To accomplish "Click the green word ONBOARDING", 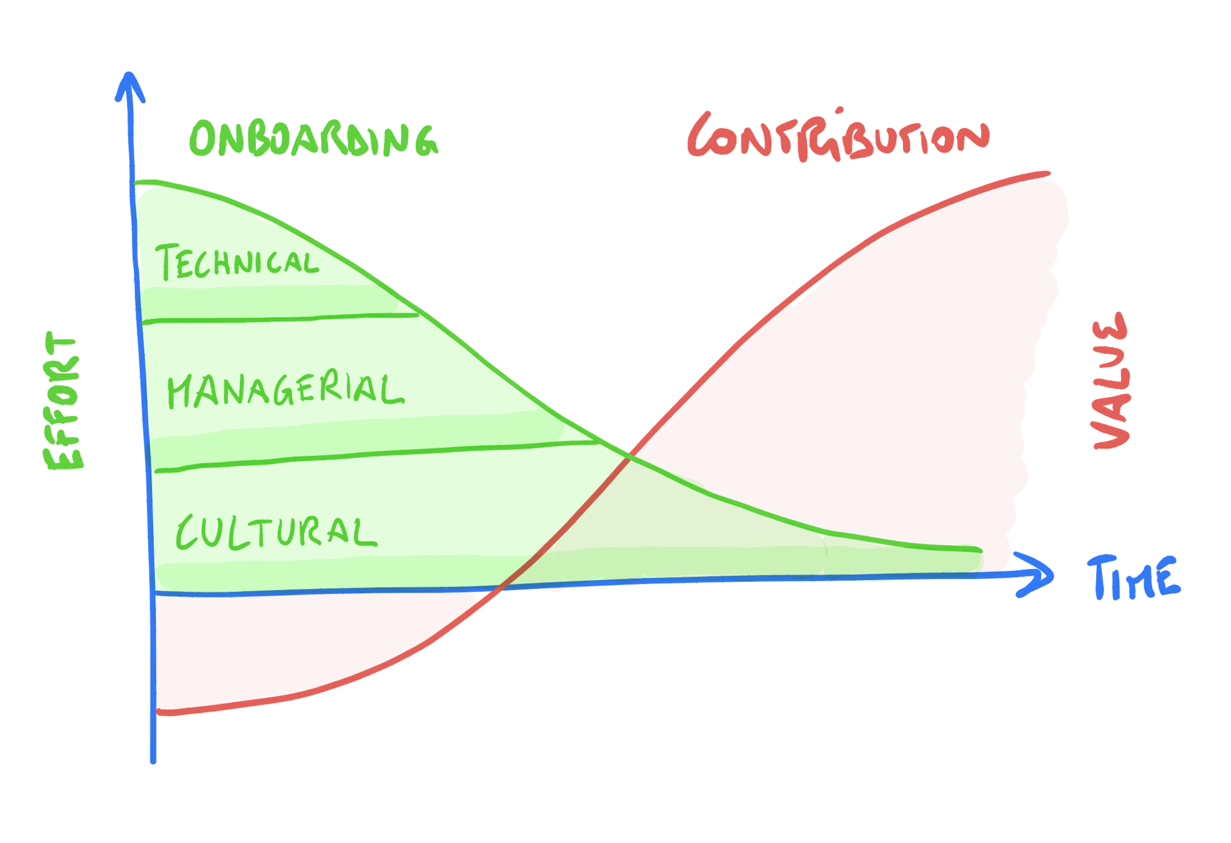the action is (x=314, y=139).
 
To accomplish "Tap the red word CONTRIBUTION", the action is (x=838, y=136).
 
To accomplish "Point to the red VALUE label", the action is (x=1112, y=381).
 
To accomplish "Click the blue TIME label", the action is (x=1134, y=578).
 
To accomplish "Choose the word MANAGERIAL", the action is (x=285, y=390).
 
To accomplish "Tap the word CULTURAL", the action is (x=276, y=533).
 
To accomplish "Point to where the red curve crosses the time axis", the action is (x=503, y=588).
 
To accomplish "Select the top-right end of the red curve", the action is (x=1048, y=174).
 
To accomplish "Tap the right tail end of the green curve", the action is (x=980, y=550).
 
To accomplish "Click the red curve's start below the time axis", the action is (x=159, y=711).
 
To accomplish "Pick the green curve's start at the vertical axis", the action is (x=136, y=182).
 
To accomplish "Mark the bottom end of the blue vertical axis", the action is (x=153, y=761).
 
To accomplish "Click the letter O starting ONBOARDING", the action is (x=202, y=139).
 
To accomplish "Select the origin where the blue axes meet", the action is (x=153, y=593).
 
